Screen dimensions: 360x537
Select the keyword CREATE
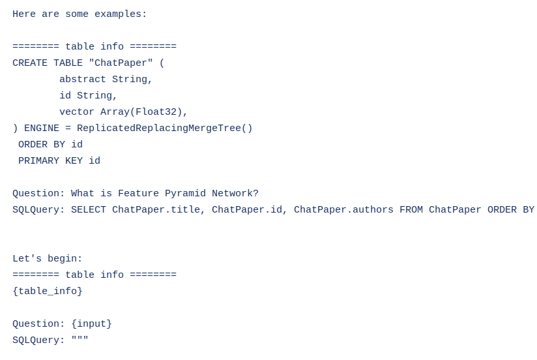tap(30, 63)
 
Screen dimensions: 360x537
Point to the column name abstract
tap(83, 79)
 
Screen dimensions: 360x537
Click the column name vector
tap(77, 112)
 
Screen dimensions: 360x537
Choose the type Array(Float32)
tap(144, 112)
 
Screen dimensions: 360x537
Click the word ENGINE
tap(42, 128)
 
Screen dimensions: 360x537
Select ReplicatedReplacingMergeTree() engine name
tap(164, 128)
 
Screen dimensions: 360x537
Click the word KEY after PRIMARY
tap(74, 160)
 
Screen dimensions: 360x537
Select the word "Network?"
tap(235, 193)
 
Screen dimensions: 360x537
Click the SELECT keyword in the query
tap(89, 209)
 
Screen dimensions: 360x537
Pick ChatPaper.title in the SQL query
tap(159, 209)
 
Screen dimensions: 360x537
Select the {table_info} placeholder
tap(48, 291)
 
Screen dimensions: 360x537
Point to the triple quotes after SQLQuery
tap(80, 340)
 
